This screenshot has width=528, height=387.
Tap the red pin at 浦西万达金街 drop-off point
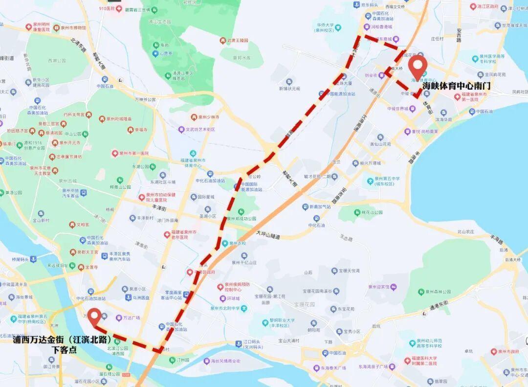(93, 316)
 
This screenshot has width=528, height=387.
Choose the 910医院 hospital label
(110, 9)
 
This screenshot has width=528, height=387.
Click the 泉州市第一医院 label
(130, 153)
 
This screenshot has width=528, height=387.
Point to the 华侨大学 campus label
(328, 24)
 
